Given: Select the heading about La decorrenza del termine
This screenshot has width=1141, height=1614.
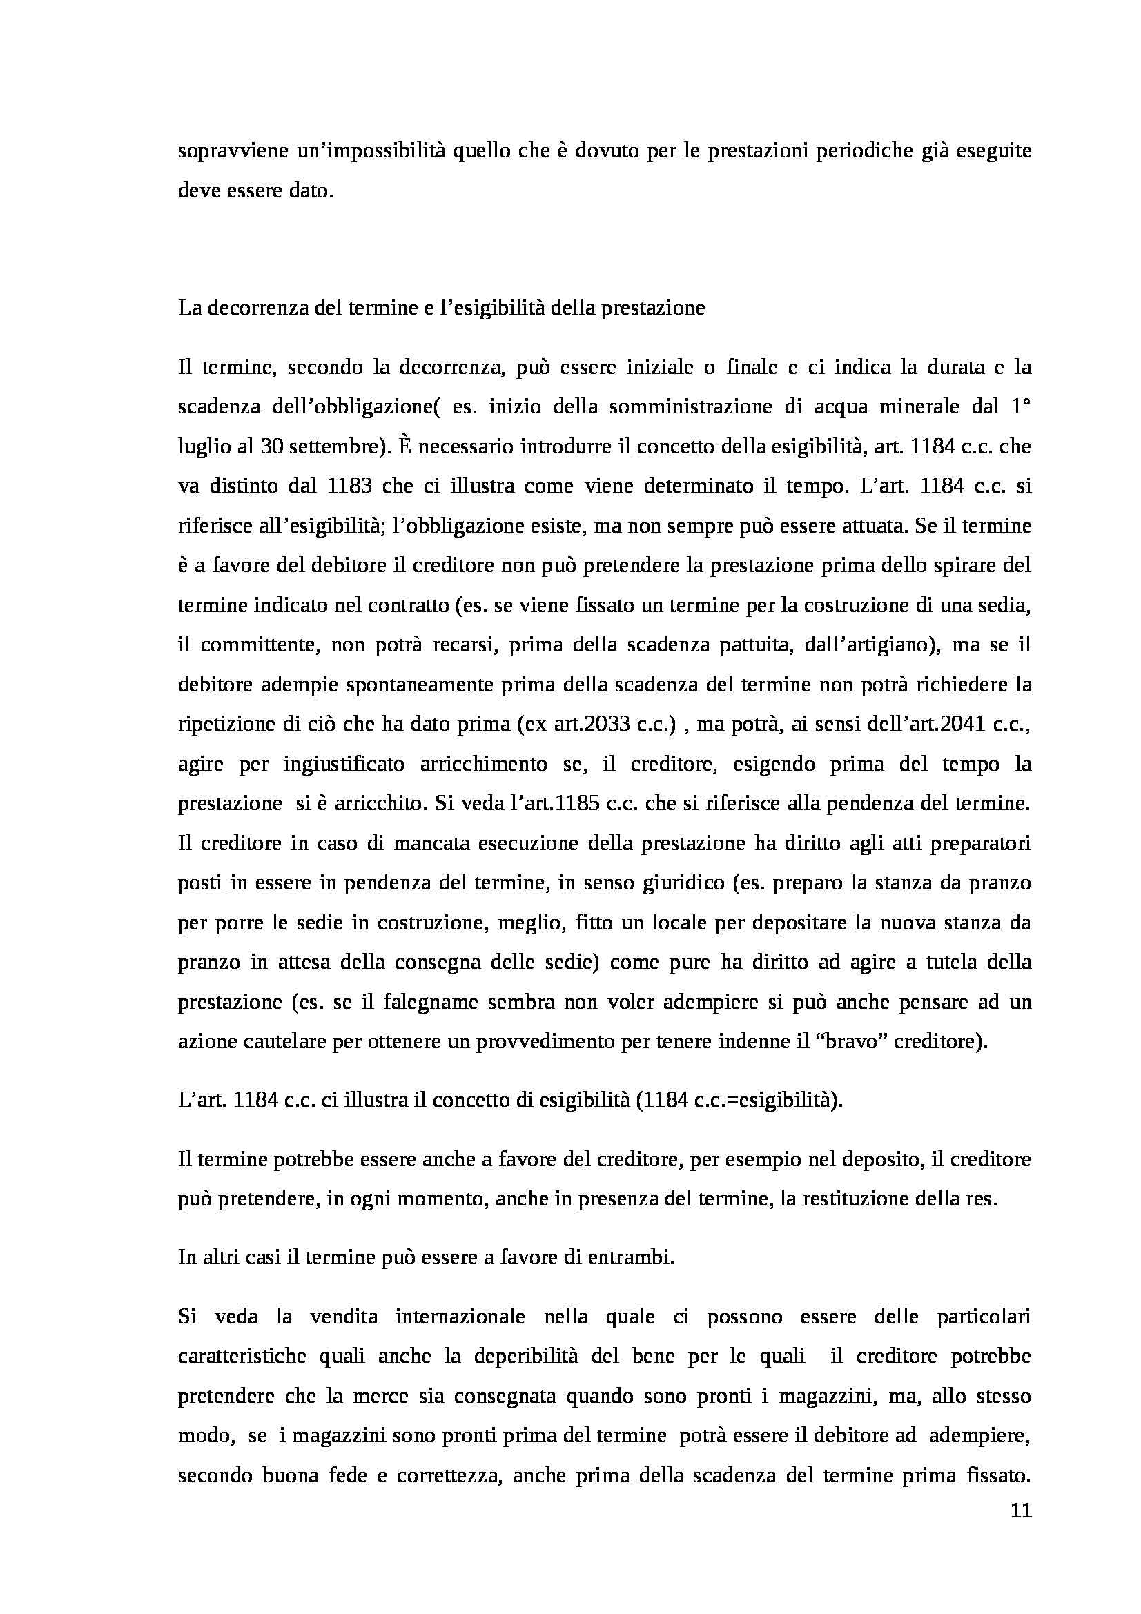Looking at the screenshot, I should [x=441, y=308].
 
